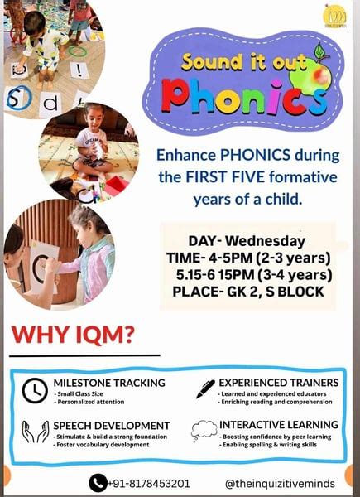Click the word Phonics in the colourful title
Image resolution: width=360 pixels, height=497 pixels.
coord(240,96)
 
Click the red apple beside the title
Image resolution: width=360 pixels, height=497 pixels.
coord(318,76)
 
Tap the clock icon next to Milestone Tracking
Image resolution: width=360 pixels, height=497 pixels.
coord(34,390)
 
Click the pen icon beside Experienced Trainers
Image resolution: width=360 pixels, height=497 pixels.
coord(205,388)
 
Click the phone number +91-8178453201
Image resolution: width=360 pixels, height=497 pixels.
coord(149,483)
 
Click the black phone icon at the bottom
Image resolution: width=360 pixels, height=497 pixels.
coord(98,483)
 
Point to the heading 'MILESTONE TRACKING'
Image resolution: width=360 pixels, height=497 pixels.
coord(110,383)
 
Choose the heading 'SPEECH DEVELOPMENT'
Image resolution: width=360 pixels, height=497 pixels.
coord(112,425)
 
